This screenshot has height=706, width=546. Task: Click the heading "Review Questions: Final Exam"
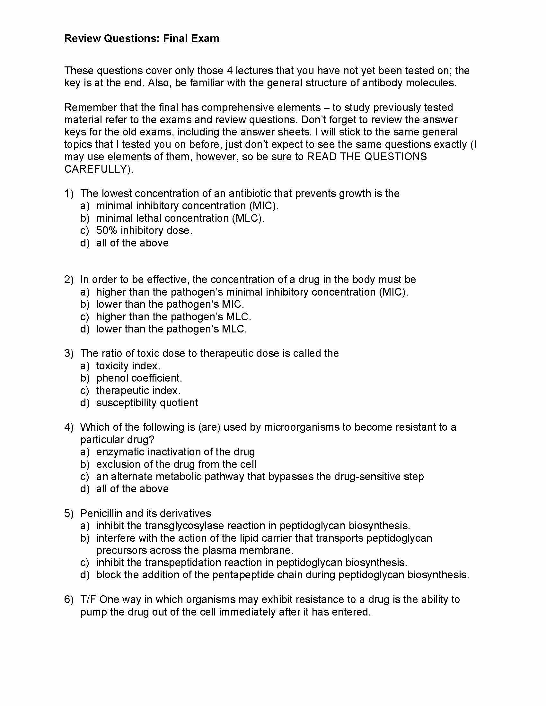pos(142,39)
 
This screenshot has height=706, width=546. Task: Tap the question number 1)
pos(69,194)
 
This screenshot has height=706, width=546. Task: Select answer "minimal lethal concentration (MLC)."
pos(180,218)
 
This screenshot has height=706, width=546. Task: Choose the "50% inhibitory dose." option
pos(144,230)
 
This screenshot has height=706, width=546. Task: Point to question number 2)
pos(69,280)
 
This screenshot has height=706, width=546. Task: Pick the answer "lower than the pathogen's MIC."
pos(170,304)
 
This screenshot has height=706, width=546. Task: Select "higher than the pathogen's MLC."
pos(173,316)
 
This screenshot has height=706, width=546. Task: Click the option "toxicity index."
pos(128,366)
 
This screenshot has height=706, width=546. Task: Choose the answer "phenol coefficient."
pos(139,378)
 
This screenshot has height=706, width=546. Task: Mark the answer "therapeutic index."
pos(138,391)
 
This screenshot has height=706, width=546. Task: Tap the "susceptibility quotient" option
pos(147,403)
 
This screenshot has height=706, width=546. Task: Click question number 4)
pos(69,427)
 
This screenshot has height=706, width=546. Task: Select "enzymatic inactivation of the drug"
pos(175,452)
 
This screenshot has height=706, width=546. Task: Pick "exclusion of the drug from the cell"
pos(176,465)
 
